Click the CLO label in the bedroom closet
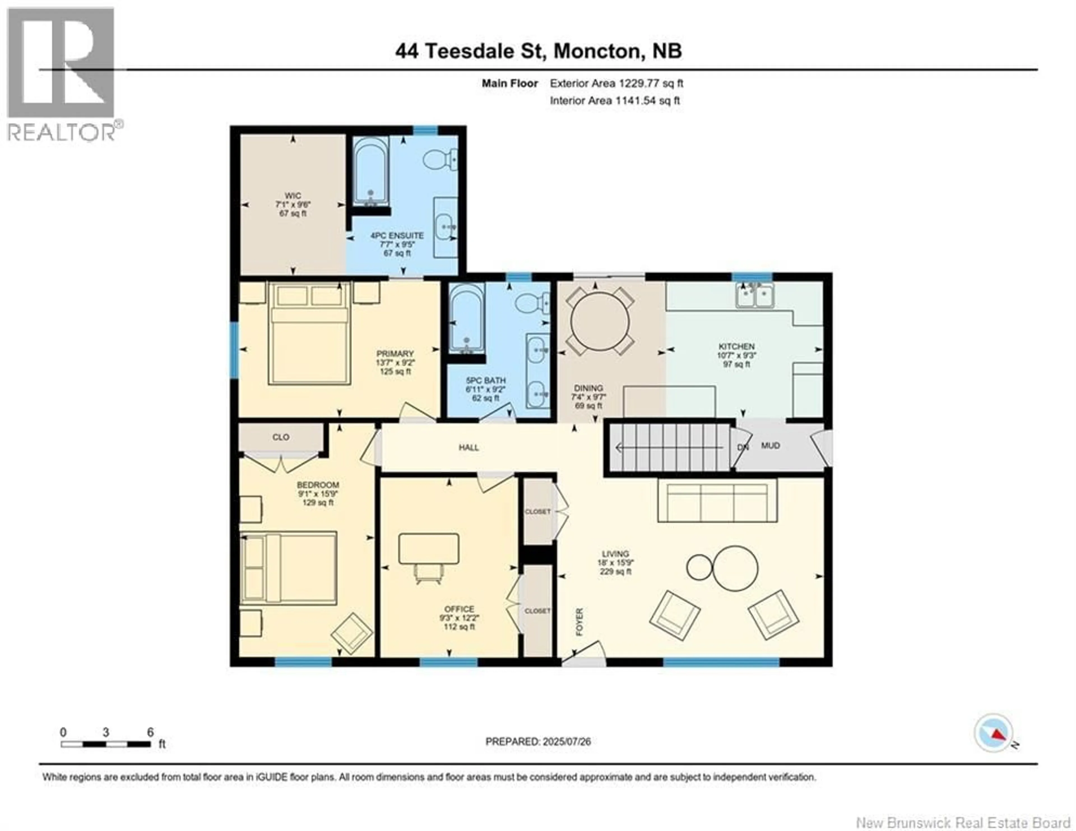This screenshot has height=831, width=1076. pos(281,437)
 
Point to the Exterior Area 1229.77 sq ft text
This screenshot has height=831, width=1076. pos(616,83)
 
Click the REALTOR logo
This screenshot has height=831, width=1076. pos(62,74)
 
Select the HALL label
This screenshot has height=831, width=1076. pos(469,447)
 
